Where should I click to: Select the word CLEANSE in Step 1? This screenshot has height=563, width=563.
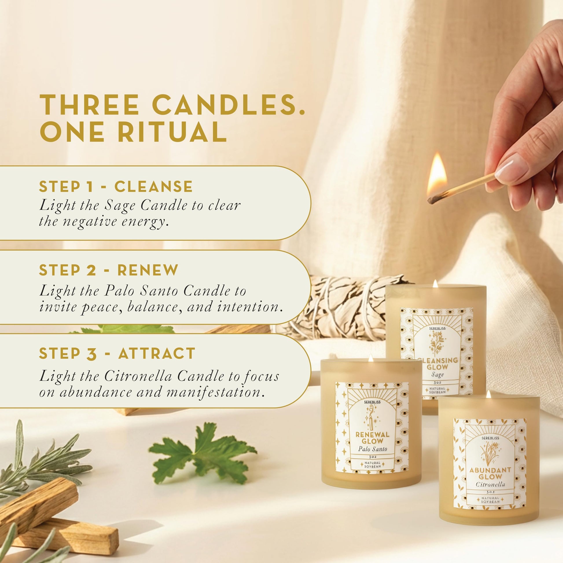153,187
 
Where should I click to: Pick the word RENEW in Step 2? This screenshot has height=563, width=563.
148,270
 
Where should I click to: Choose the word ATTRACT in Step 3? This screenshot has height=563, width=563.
157,354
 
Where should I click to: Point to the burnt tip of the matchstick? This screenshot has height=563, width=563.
433,200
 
